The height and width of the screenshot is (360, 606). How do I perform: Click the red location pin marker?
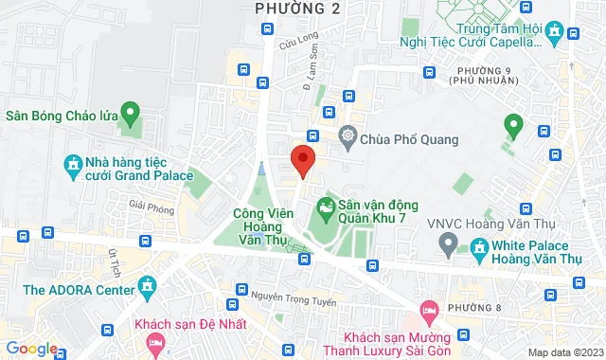[x=302, y=160]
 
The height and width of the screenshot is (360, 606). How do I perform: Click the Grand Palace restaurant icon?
[x=74, y=167]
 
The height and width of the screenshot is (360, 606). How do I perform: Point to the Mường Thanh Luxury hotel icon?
[x=428, y=310]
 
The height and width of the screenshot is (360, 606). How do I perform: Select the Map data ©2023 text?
[x=565, y=352]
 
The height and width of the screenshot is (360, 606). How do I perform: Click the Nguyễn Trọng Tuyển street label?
[x=285, y=293]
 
